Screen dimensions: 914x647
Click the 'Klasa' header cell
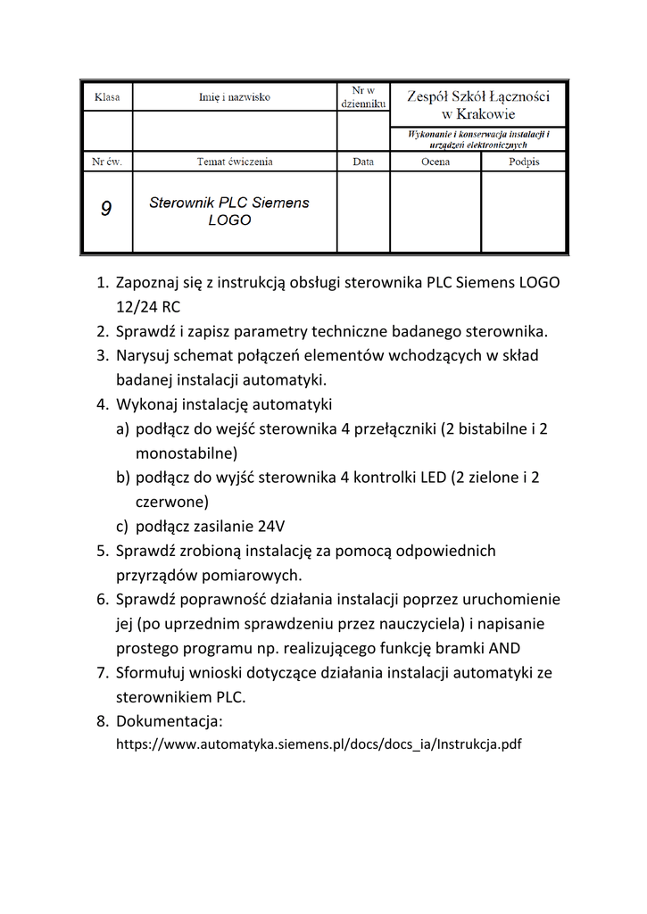coord(107,96)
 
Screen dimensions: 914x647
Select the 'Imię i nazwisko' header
coord(234,96)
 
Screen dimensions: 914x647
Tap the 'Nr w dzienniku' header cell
coord(363,96)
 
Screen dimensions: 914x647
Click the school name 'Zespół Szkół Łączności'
coord(478,96)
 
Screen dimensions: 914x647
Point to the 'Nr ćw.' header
coord(107,162)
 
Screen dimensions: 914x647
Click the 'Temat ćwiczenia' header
coord(234,162)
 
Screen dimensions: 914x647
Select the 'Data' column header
coord(363,162)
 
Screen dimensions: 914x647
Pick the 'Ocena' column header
coord(435,162)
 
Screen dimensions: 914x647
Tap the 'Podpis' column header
coord(524,162)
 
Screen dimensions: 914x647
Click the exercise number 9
coord(106,210)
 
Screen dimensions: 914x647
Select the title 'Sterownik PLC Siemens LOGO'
coord(229,211)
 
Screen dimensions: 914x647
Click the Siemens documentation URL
coord(319,744)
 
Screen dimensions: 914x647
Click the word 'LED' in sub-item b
coord(434,478)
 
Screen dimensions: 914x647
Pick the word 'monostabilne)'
coord(187,453)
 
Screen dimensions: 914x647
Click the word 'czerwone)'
coord(172,502)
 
